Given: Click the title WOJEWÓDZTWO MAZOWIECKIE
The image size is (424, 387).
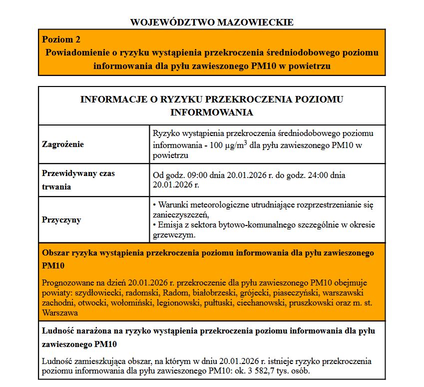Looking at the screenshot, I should (x=212, y=22).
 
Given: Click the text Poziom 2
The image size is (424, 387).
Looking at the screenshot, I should (x=61, y=39).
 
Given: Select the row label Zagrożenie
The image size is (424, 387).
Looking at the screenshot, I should (x=63, y=144).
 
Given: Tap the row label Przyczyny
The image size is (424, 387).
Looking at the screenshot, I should (x=61, y=219).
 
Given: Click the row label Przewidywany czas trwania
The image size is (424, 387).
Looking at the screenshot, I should (x=78, y=180).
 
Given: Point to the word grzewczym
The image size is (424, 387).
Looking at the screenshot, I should (x=173, y=234).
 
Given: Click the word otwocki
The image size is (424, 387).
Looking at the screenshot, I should (x=92, y=302).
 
